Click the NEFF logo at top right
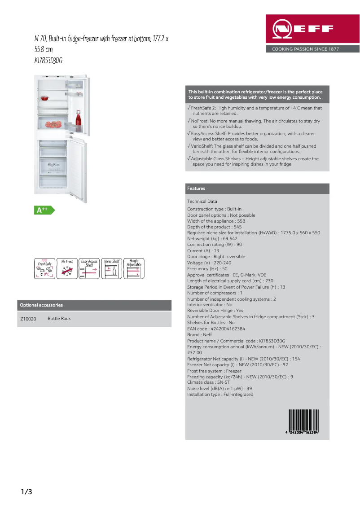[303, 30]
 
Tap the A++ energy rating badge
[44, 210]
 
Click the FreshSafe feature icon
[45, 268]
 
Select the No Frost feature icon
[67, 268]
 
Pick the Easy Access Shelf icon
[89, 268]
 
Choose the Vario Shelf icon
[112, 268]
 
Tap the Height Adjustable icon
[134, 268]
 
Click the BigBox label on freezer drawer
[54, 165]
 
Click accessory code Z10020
[28, 319]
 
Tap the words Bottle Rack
[59, 319]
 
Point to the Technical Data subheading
[202, 202]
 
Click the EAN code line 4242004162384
[216, 329]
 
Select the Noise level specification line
[220, 388]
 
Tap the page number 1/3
[26, 492]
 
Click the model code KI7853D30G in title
[48, 60]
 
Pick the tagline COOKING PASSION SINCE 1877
[305, 49]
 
